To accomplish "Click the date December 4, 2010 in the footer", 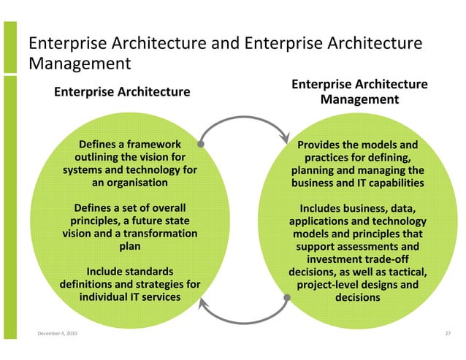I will point(57,334).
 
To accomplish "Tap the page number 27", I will point(448,334).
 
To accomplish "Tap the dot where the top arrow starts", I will point(200,144).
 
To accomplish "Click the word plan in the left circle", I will point(130,246).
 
